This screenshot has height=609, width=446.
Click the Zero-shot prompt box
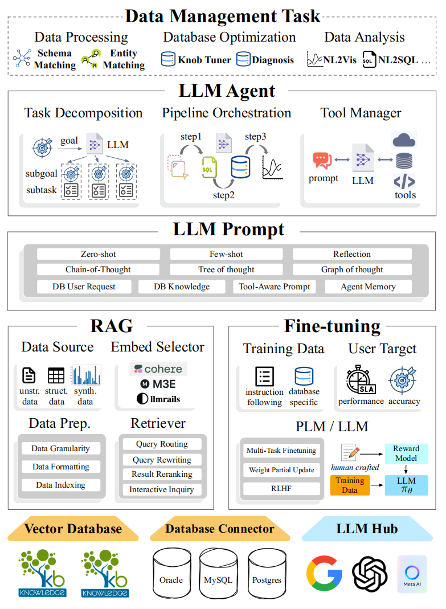[x=98, y=254]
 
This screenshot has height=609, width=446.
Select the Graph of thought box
[x=352, y=269]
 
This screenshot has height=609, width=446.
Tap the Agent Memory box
[x=368, y=287]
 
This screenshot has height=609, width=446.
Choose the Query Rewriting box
[x=162, y=460]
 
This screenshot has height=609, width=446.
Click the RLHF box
[x=281, y=488]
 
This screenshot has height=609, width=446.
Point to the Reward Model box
[x=406, y=453]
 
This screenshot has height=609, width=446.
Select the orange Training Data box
[x=350, y=485]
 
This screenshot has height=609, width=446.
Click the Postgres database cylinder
[x=267, y=577]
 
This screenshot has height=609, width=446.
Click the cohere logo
[x=158, y=369]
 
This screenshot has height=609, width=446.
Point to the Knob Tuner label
[x=204, y=59]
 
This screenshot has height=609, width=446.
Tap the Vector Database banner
[x=73, y=529]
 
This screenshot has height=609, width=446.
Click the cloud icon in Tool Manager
[x=404, y=139]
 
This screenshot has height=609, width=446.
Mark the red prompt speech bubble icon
[x=322, y=161]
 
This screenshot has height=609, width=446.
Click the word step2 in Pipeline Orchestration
[x=223, y=195]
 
